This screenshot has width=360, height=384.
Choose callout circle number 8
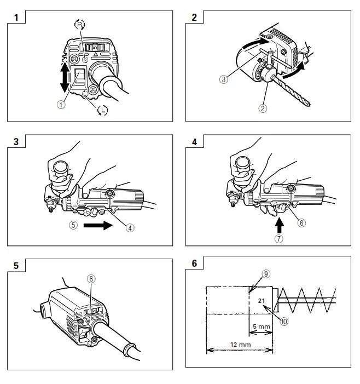(92, 279)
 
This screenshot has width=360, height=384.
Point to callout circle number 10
(284, 322)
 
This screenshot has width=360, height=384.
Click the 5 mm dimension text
(261, 327)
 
